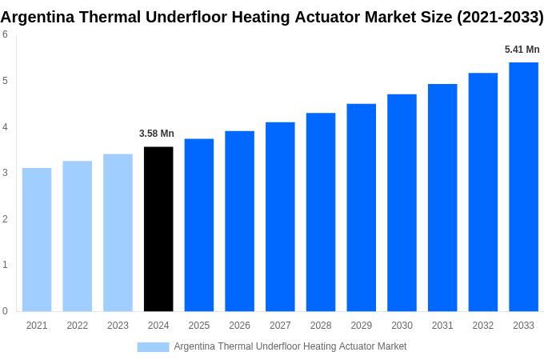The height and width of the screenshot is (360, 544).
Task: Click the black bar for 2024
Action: [158, 229]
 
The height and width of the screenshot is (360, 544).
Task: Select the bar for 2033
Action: [523, 186]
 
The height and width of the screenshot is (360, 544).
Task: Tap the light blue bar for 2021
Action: [37, 239]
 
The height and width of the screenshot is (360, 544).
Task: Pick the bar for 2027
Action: [280, 216]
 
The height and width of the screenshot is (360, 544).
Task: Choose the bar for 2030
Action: [402, 202]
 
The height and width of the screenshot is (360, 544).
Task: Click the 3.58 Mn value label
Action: [157, 134]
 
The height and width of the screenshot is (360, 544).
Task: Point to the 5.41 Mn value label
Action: [522, 50]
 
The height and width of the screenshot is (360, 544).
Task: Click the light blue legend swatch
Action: [153, 346]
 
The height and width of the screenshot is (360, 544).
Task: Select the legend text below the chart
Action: [290, 346]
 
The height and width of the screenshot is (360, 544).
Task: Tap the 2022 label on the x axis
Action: [78, 326]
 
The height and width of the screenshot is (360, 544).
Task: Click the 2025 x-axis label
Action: [199, 326]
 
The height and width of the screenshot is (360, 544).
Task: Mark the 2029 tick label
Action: [361, 326]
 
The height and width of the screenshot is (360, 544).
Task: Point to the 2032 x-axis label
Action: [482, 326]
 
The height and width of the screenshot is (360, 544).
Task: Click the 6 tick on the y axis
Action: [5, 34]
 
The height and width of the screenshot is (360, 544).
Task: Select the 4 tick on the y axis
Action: [5, 126]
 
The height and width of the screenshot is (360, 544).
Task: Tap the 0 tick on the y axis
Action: [5, 311]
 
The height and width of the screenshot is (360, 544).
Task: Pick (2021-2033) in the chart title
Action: [500, 17]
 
